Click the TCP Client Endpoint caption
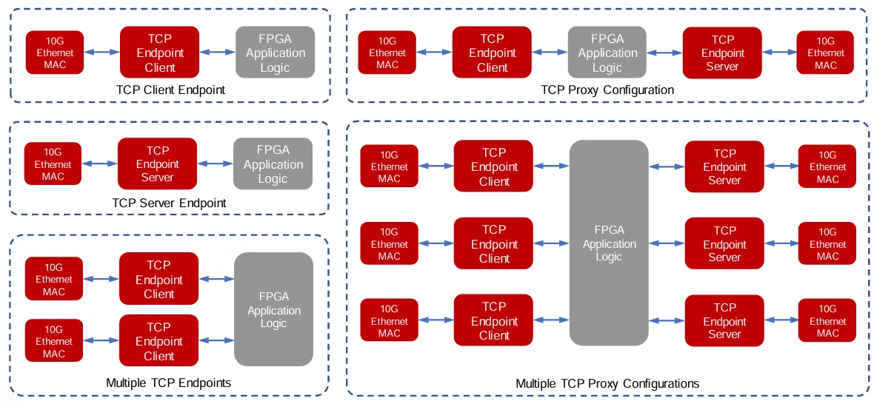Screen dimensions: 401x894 170,90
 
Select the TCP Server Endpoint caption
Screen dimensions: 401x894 169,203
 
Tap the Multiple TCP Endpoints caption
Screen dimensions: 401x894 168,383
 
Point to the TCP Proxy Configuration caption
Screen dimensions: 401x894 607,90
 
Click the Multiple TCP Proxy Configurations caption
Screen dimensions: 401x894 607,384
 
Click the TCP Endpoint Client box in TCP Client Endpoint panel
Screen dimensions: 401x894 159,53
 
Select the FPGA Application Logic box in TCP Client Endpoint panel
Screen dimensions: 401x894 276,53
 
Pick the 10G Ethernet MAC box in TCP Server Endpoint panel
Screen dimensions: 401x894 53,164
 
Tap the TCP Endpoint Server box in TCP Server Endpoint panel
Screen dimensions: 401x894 157,164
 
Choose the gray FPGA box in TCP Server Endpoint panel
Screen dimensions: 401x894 273,164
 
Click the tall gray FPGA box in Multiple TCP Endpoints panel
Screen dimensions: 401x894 273,309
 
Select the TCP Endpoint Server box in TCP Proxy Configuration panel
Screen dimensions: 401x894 722,53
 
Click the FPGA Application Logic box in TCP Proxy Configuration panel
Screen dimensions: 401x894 607,53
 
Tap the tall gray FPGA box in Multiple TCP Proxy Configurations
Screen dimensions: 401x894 609,243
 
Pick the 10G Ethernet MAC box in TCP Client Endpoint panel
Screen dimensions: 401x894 55,53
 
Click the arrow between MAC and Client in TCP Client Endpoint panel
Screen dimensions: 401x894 102,53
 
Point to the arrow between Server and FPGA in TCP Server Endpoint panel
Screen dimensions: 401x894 215,164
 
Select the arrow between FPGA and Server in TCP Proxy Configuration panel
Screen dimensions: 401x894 664,53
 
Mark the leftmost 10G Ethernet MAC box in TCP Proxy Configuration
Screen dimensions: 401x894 387,53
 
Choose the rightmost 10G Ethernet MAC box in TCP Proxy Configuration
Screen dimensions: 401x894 825,53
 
